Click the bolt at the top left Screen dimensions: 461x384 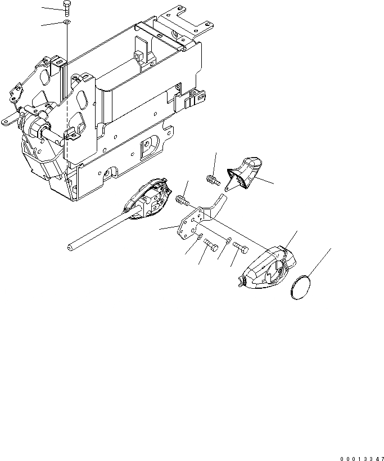pos(67,8)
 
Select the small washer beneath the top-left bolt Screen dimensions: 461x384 pos(67,23)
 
